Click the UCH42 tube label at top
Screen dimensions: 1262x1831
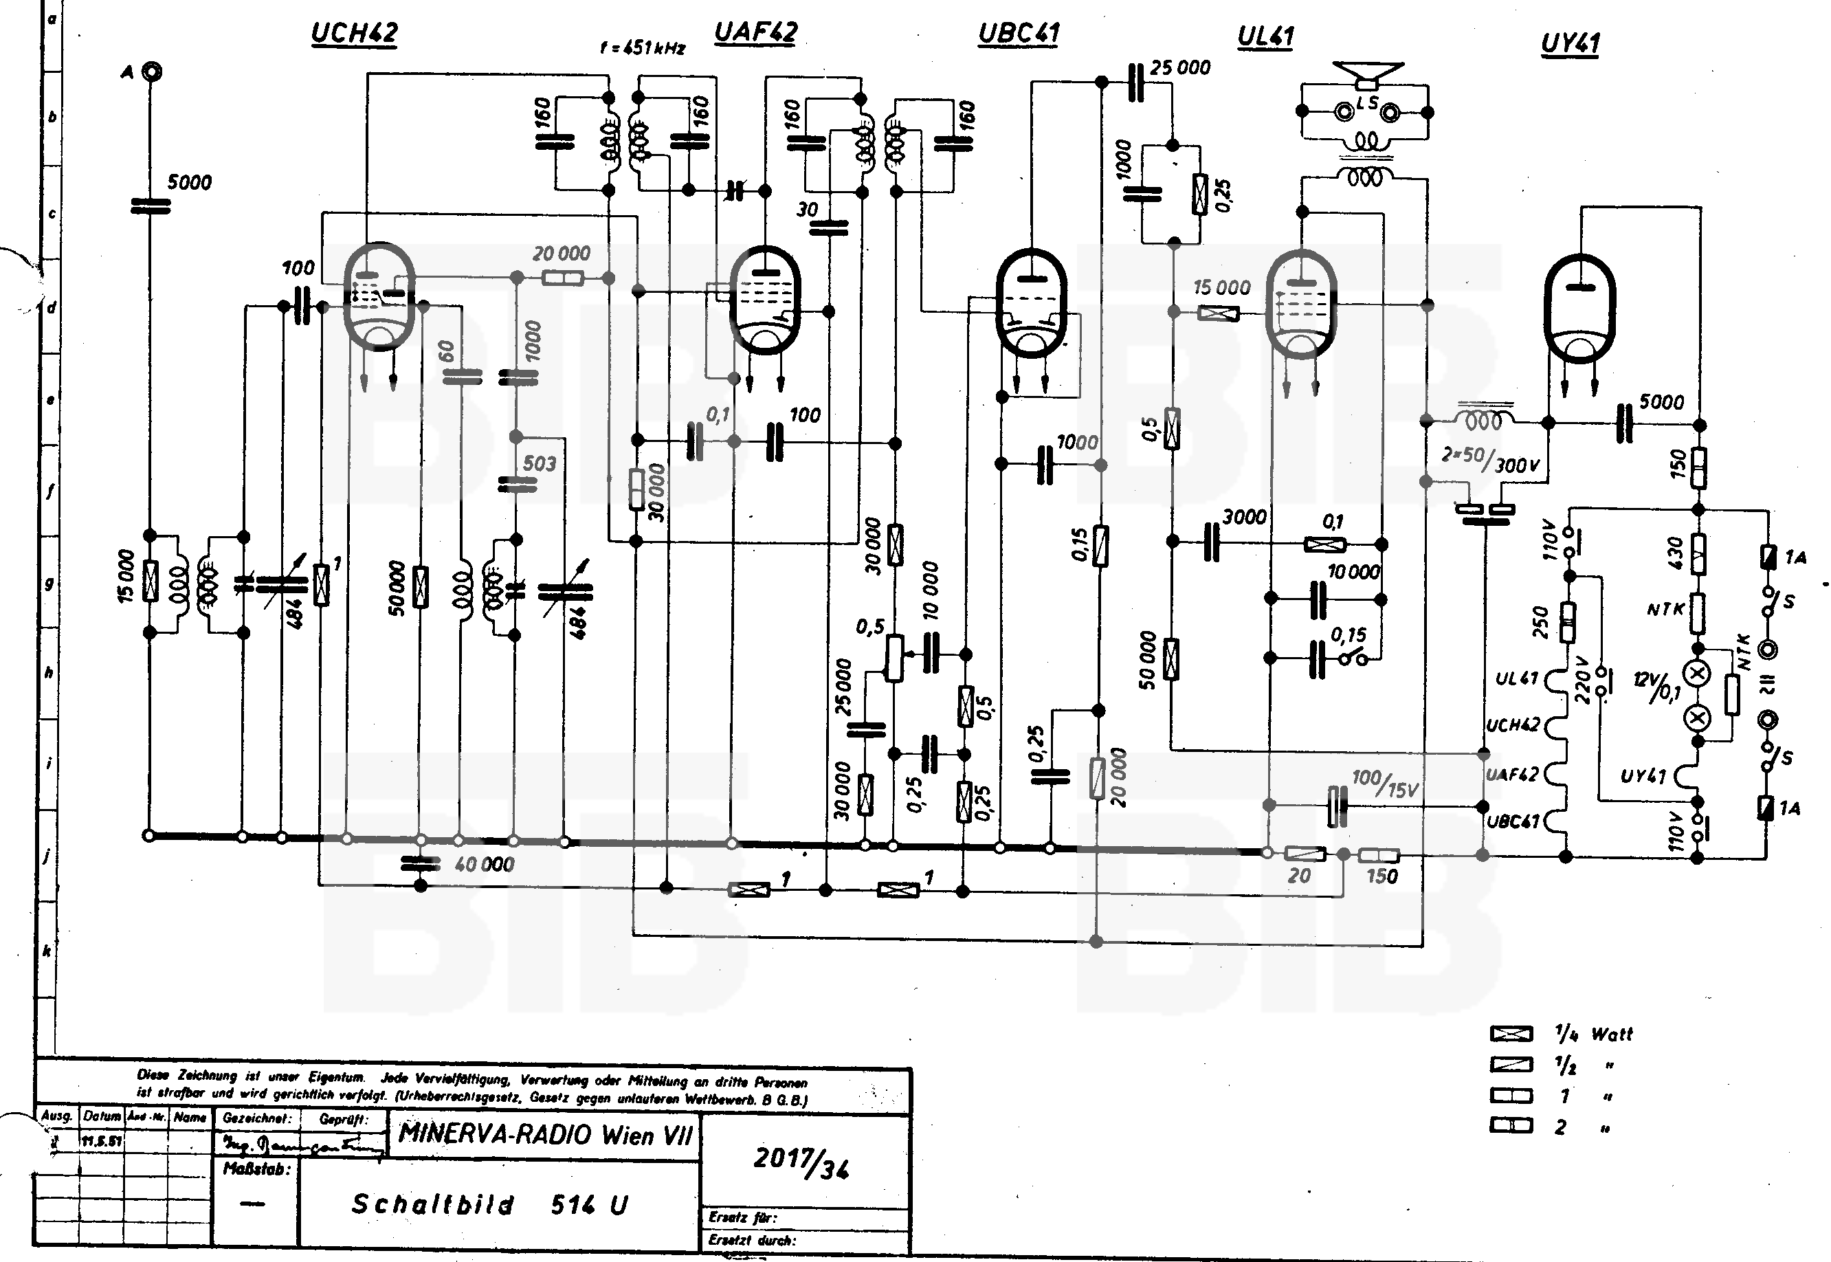coord(353,33)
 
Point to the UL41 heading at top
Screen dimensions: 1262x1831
coord(1265,36)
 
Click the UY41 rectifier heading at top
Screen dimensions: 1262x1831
coord(1570,43)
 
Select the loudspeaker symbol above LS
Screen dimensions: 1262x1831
coord(1368,74)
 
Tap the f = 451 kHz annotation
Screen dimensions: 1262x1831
coord(642,48)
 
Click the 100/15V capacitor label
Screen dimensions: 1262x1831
coord(1385,783)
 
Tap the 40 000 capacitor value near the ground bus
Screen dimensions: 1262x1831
coord(484,864)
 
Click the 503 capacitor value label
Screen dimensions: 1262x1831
coord(539,463)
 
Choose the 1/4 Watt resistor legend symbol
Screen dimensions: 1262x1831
coord(1511,1034)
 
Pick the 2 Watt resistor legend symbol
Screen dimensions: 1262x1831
coord(1511,1125)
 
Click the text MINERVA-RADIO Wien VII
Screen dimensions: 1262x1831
coord(545,1135)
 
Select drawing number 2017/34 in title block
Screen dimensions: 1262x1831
coord(801,1162)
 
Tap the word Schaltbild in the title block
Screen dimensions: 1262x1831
coord(432,1204)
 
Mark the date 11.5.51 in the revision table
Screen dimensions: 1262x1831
coord(101,1141)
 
